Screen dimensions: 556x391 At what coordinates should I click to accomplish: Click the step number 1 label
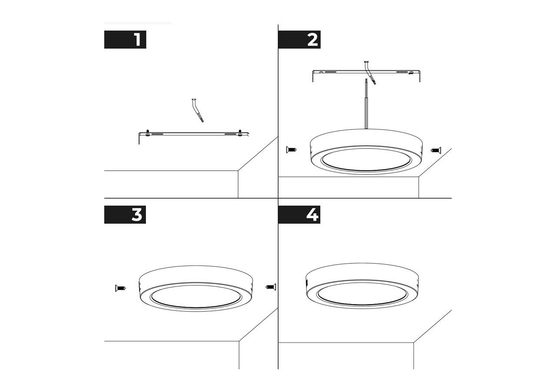pos(125,40)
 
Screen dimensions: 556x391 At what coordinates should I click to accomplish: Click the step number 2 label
pos(299,40)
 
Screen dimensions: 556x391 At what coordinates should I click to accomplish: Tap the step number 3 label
pos(125,215)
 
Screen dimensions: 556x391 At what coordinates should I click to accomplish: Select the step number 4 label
pos(299,215)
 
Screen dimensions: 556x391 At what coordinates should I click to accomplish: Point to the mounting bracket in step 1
pos(194,134)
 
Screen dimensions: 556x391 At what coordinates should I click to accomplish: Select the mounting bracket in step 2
pos(366,72)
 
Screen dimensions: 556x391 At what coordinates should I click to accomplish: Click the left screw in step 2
pos(291,150)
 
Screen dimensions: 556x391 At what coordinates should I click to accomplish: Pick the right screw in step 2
pos(436,150)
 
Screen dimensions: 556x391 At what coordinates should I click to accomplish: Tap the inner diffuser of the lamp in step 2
pos(366,159)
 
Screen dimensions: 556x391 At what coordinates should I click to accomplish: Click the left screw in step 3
pos(121,288)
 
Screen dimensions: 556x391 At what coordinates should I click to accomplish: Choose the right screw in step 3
pos(271,287)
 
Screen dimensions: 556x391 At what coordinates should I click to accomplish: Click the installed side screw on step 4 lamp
pos(307,282)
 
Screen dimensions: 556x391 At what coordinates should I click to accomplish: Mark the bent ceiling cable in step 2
pos(370,73)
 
